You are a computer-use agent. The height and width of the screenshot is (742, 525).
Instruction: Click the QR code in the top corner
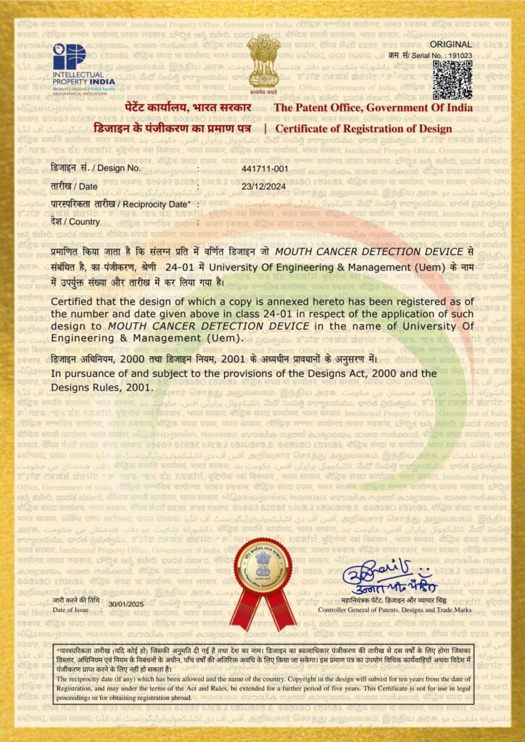(452, 79)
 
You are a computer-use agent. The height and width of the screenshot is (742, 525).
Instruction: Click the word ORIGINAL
(455, 43)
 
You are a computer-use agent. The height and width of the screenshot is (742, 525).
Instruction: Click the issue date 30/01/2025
(127, 604)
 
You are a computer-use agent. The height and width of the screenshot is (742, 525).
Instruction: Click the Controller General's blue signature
(389, 576)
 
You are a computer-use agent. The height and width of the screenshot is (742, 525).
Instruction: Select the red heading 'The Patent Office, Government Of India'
(373, 108)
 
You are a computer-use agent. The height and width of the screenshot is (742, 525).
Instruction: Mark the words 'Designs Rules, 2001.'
(102, 387)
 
